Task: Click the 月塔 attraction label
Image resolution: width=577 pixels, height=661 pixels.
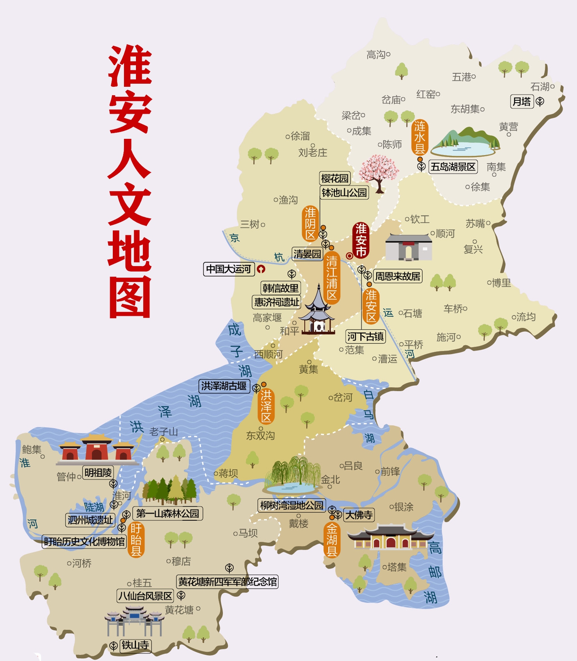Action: [x=522, y=102]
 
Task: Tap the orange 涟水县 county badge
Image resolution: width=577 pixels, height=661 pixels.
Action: [x=419, y=138]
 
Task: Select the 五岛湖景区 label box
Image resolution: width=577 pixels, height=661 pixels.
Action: [x=453, y=167]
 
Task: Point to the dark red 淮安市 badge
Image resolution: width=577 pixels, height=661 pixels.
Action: [x=361, y=240]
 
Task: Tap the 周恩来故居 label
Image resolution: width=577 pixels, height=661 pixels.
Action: [x=398, y=276]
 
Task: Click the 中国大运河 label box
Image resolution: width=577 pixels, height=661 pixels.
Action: [x=229, y=269]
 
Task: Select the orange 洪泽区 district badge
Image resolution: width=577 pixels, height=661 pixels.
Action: [x=266, y=406]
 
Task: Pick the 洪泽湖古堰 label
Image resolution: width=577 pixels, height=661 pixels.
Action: [x=224, y=386]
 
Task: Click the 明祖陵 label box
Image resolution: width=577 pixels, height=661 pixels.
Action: [x=98, y=472]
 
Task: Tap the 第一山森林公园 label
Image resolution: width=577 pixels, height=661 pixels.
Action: [x=168, y=513]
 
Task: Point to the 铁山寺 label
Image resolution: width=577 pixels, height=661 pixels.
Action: [x=135, y=645]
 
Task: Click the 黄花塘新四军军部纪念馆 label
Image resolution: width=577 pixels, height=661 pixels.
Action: [x=227, y=582]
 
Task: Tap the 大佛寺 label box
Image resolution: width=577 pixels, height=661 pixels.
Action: [x=359, y=515]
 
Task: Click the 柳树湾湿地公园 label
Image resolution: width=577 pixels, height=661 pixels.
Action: [x=292, y=505]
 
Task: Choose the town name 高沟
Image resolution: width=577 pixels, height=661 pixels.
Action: [x=376, y=55]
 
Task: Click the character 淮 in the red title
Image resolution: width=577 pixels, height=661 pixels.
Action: [x=130, y=66]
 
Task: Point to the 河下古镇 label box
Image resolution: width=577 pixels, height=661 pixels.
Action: [x=365, y=337]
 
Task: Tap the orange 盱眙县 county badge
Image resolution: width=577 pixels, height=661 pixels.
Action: [x=136, y=540]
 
